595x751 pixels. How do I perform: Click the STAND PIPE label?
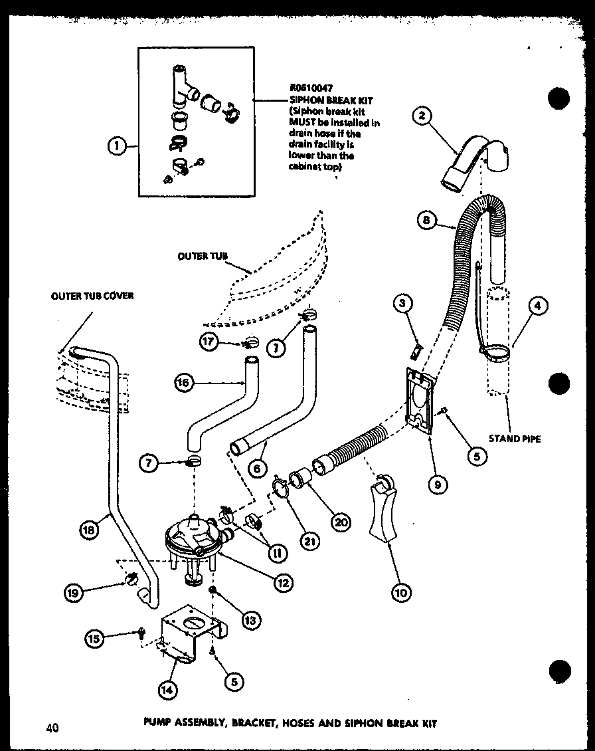point(515,439)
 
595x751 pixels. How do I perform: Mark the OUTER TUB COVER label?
point(92,296)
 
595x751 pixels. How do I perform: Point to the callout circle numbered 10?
point(401,591)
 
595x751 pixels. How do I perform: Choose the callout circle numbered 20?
point(341,522)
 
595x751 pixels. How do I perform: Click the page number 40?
point(52,728)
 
